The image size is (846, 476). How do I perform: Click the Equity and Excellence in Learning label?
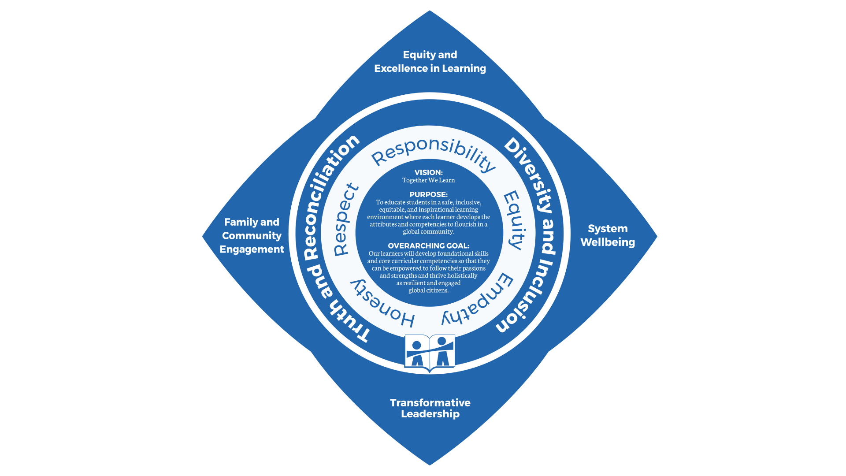tap(430, 61)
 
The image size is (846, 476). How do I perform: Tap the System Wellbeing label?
tap(607, 235)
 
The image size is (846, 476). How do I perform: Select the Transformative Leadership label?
tap(430, 408)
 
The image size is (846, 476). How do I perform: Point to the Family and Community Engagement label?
tap(252, 236)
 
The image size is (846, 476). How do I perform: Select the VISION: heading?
tap(428, 172)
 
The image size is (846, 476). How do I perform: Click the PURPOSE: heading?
tap(428, 194)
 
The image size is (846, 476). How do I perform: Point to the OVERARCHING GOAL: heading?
tap(428, 246)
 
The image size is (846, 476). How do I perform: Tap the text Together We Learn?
tap(428, 180)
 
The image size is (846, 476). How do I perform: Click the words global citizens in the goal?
tap(428, 290)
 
